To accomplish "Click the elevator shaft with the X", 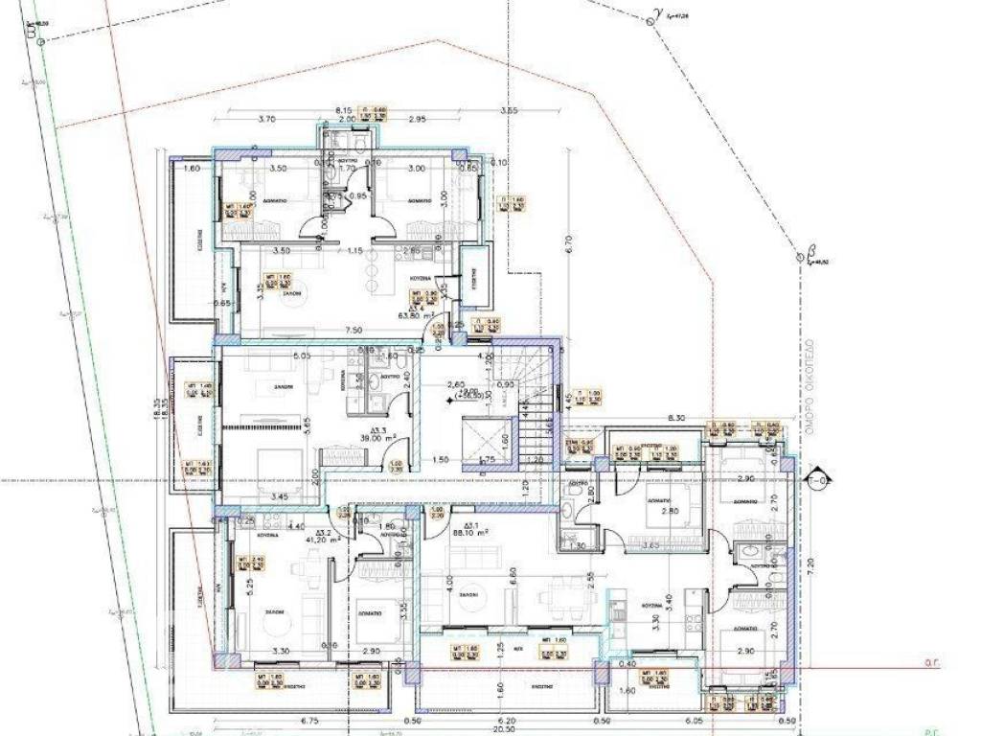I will tap(488, 444).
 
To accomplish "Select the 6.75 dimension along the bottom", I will tap(283, 720).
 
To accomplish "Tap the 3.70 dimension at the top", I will tap(266, 120).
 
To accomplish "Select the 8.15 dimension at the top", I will tap(343, 110).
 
